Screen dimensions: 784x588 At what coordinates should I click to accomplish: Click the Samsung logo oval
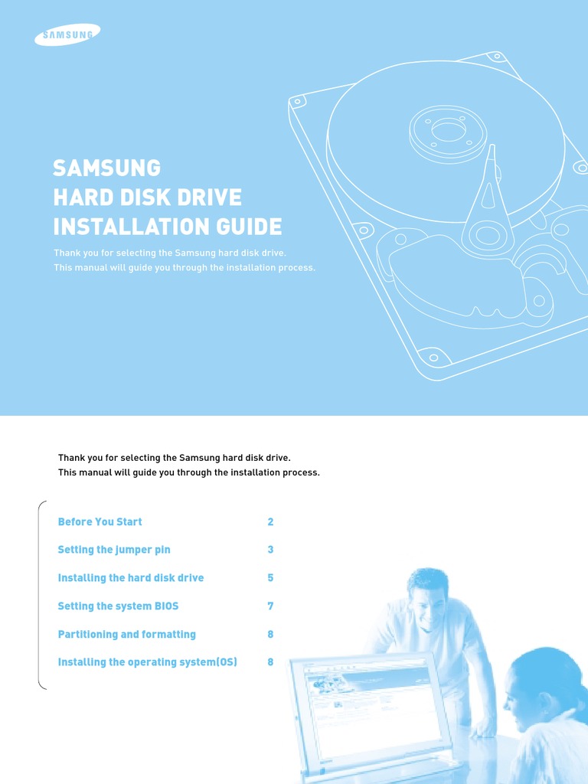(x=67, y=34)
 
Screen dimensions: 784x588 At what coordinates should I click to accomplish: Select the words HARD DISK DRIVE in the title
(x=147, y=198)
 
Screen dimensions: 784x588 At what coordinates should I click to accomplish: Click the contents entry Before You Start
(x=100, y=521)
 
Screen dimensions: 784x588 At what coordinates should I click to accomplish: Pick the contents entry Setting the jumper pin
(x=114, y=550)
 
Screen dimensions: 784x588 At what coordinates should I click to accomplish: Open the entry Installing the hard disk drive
(x=131, y=578)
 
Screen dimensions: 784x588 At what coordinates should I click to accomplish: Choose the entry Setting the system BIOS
(x=118, y=606)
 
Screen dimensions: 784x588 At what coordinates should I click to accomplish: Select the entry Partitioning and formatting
(x=126, y=635)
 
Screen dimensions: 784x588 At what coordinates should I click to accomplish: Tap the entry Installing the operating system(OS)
(x=147, y=662)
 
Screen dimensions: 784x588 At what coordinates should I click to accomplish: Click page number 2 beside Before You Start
(x=270, y=521)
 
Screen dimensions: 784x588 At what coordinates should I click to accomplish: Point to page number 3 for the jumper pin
(x=270, y=550)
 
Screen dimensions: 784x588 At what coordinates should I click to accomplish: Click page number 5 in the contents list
(x=270, y=578)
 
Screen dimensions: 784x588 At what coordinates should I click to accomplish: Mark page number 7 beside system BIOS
(x=270, y=606)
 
